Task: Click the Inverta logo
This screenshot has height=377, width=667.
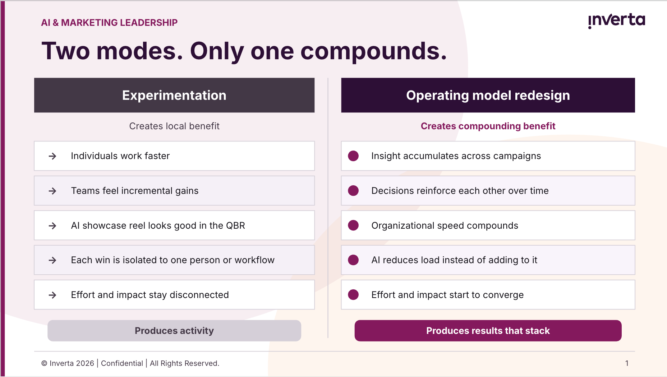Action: (x=616, y=21)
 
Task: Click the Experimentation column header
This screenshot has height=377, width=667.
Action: (x=174, y=95)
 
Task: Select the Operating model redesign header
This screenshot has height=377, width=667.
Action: (x=488, y=95)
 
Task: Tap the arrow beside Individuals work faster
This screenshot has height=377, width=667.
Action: (x=52, y=156)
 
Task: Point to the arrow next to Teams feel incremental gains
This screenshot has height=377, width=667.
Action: (x=52, y=191)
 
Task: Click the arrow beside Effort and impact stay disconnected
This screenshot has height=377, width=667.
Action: (x=52, y=295)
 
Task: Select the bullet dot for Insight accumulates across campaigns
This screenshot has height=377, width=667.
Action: (x=353, y=156)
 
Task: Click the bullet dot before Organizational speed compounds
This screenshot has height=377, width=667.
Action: (x=353, y=225)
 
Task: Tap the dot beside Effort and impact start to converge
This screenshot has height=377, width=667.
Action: (x=353, y=295)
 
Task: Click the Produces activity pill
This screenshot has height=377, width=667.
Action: (x=174, y=331)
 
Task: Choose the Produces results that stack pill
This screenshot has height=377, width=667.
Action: (x=488, y=331)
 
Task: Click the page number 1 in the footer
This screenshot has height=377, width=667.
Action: (x=627, y=363)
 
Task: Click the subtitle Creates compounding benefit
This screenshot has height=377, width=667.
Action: (x=488, y=126)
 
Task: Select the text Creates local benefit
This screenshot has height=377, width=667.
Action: (x=174, y=126)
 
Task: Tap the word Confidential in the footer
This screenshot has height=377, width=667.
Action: (x=122, y=363)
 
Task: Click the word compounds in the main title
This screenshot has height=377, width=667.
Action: (x=373, y=51)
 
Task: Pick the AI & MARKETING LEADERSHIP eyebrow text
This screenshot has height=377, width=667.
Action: (x=109, y=23)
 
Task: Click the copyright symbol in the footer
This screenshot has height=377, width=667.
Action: (x=44, y=363)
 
